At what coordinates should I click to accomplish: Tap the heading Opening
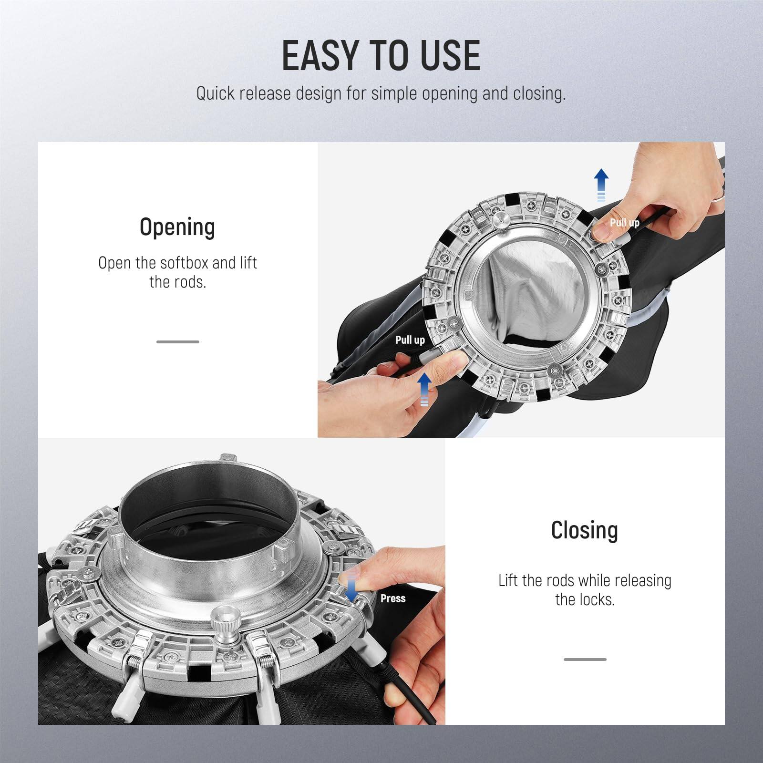point(177,227)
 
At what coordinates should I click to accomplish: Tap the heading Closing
point(584,530)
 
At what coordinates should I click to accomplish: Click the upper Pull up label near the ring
point(624,223)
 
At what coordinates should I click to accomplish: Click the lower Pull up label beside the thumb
point(410,340)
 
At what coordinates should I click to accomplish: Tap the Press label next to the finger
point(392,598)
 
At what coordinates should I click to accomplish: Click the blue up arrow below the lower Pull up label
point(424,389)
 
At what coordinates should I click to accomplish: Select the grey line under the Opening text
point(177,342)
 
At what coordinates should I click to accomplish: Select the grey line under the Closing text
point(585,660)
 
